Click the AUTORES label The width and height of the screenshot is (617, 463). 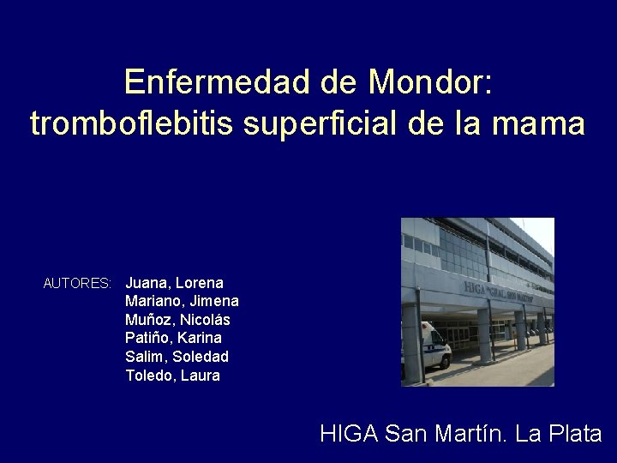coord(77,283)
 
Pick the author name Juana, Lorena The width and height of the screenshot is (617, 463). coord(174,282)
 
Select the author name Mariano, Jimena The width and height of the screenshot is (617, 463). coord(182,301)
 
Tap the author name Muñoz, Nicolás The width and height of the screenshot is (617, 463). coord(177,320)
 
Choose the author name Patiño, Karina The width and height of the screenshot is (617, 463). coord(173,338)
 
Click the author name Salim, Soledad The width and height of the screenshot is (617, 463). coord(177,357)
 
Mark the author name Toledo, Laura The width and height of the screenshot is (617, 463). coord(172,376)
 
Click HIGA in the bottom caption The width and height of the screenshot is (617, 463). coord(349,434)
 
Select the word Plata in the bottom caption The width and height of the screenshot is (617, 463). coord(573,434)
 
